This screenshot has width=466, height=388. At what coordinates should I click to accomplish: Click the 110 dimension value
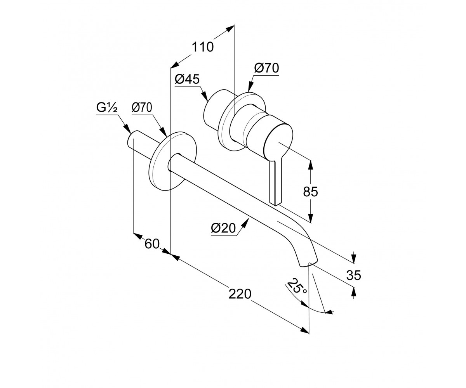(203, 47)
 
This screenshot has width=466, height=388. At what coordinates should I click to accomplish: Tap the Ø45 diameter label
(187, 79)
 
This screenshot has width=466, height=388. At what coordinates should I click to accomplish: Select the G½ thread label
(107, 107)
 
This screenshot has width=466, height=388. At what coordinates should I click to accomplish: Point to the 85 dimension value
(310, 191)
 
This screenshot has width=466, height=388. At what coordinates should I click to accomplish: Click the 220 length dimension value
(240, 294)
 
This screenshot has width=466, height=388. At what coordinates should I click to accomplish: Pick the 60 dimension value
(152, 244)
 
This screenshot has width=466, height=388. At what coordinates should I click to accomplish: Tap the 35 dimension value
(353, 275)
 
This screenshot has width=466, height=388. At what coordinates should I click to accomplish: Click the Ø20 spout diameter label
(223, 228)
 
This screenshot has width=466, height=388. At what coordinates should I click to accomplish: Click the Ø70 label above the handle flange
(266, 68)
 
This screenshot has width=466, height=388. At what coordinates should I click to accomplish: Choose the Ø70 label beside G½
(142, 108)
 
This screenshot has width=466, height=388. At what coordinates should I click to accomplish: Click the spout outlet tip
(308, 263)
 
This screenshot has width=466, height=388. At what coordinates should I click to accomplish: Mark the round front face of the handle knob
(278, 142)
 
